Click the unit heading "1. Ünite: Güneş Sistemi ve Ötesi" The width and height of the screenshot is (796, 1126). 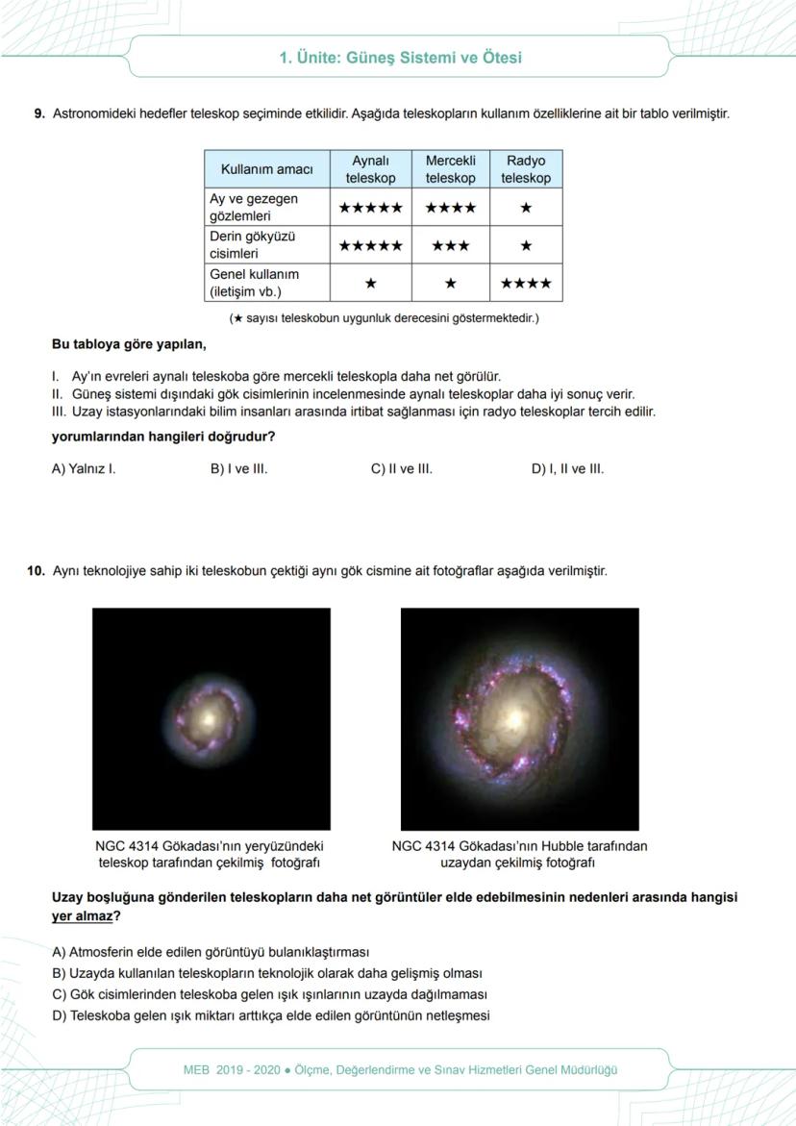(x=400, y=58)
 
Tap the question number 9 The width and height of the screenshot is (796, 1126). (x=39, y=113)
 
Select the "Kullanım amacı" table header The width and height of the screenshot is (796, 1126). (x=266, y=169)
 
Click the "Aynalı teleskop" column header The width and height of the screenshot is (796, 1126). (x=370, y=169)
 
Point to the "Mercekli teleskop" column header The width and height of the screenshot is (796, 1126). (x=450, y=169)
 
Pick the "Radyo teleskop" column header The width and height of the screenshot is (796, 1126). (x=525, y=169)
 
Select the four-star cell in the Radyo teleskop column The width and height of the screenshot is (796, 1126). (x=525, y=284)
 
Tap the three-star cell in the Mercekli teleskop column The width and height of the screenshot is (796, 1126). (x=450, y=245)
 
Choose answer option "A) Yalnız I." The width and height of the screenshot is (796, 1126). (x=84, y=469)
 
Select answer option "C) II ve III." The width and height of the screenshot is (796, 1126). (x=401, y=469)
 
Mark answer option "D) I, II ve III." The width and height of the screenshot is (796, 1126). (x=567, y=469)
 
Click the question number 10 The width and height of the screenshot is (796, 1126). (x=36, y=571)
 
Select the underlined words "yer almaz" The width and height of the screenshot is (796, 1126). (x=81, y=916)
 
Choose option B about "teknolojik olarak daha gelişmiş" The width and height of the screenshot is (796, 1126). (x=266, y=973)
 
